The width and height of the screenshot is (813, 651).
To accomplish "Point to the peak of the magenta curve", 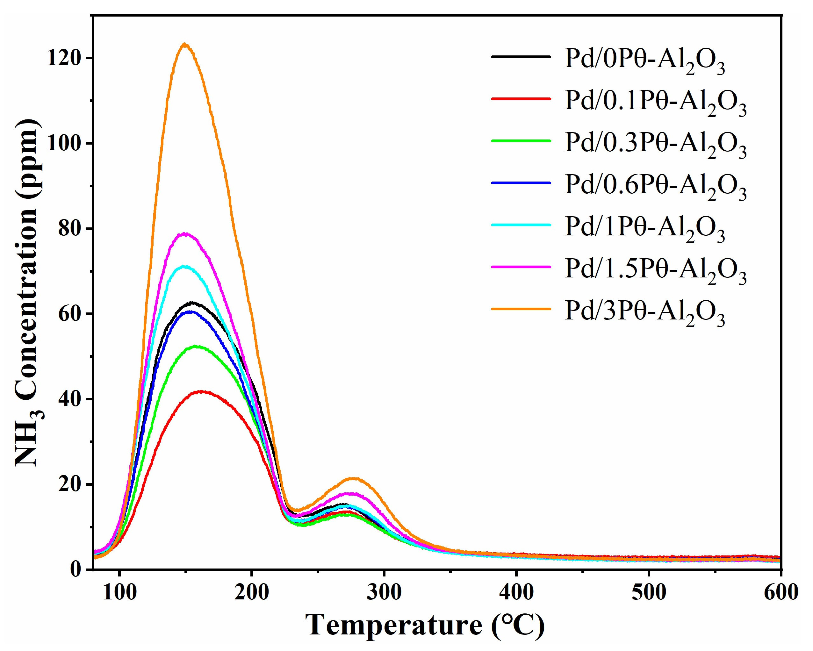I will (x=185, y=234).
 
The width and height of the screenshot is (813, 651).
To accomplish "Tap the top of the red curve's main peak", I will (x=201, y=392).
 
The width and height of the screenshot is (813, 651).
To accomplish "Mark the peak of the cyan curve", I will (x=184, y=267).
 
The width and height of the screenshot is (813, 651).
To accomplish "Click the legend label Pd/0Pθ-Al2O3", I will (x=644, y=60).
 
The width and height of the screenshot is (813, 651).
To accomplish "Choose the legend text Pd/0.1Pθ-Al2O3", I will (x=655, y=102).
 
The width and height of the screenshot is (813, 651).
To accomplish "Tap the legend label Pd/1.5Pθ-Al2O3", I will (x=655, y=270).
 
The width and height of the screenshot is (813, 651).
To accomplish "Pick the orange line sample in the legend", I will (x=521, y=309).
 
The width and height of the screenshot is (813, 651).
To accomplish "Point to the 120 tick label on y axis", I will (x=64, y=58).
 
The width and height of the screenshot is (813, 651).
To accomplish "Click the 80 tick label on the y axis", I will (x=69, y=229).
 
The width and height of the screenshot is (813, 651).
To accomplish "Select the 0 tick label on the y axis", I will (x=76, y=569).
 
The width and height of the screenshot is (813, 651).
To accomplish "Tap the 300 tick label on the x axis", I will (x=384, y=592).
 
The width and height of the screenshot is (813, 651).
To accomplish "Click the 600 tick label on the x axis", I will (x=781, y=592).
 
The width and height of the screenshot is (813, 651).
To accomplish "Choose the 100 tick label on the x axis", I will (x=119, y=592).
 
